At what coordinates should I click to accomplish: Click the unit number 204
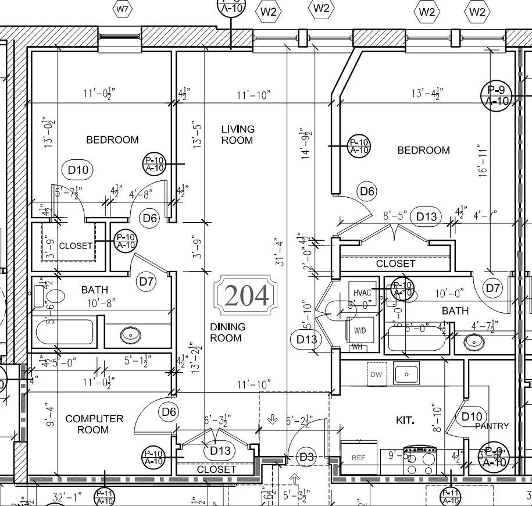(246, 295)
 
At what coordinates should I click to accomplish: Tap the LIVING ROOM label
(237, 134)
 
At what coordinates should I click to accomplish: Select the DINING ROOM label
(227, 332)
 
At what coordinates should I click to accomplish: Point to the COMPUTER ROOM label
(94, 424)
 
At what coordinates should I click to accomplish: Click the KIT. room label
(405, 420)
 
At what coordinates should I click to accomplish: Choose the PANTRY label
(491, 426)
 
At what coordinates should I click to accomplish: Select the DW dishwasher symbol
(376, 375)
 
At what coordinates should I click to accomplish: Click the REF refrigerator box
(358, 458)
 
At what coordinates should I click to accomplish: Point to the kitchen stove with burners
(420, 461)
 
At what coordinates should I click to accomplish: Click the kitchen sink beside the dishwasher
(407, 373)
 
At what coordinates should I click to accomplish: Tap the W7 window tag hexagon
(123, 9)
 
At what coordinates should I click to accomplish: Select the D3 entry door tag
(306, 457)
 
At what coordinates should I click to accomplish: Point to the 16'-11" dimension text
(483, 162)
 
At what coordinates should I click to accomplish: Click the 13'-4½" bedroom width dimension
(427, 94)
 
